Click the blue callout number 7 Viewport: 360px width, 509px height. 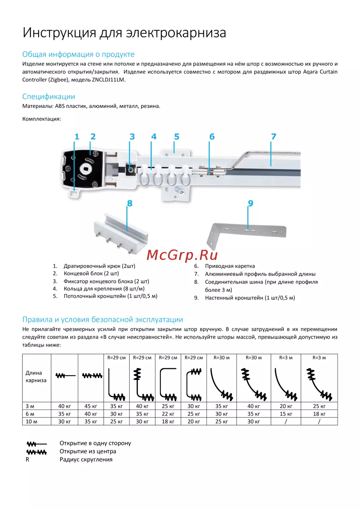(x=274, y=137)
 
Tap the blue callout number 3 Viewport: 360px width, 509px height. (x=132, y=137)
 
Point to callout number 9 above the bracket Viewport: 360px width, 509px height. (x=251, y=203)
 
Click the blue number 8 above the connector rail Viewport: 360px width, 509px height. (x=130, y=203)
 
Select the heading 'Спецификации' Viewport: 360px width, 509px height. (x=49, y=96)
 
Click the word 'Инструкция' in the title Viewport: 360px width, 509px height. (x=59, y=33)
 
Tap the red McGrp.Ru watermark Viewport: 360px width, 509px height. (x=182, y=255)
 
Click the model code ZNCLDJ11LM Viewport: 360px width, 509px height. (x=108, y=80)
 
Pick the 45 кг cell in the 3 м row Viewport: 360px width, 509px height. (x=91, y=406)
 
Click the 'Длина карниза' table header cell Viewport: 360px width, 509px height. (x=36, y=377)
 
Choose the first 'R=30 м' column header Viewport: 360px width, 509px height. (x=222, y=358)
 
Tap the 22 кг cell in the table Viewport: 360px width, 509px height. (x=168, y=414)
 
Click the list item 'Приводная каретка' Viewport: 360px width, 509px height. (x=230, y=266)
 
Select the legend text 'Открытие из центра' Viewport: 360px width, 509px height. (x=88, y=451)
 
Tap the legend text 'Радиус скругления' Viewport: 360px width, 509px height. (x=86, y=460)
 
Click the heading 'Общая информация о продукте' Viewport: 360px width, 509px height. (x=78, y=54)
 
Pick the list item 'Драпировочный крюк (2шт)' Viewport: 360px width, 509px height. (x=99, y=266)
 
